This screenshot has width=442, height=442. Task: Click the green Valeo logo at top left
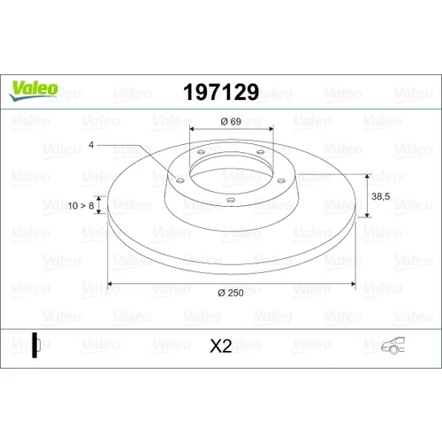coord(34,90)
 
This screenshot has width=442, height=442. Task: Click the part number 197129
coord(221,92)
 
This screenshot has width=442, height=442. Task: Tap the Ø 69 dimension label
coord(231,121)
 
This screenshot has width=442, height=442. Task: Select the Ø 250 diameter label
coord(231,293)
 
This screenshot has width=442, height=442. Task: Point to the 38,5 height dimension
coord(381,196)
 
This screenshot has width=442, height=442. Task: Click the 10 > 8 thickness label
coord(80,206)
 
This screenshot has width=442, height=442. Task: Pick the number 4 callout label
coord(91,145)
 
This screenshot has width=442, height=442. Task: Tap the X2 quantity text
coord(221,346)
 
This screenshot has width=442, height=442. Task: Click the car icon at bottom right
coord(393,346)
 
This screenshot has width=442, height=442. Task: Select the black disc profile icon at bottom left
coord(35,345)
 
